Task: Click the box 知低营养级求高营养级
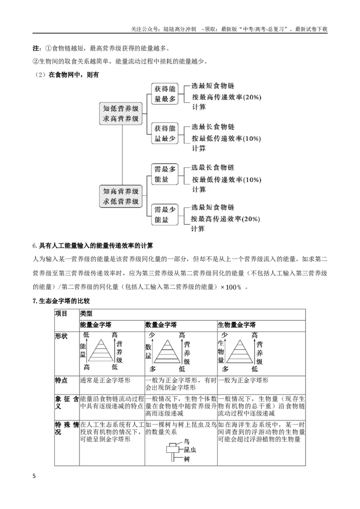click(121, 114)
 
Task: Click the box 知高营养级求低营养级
click(121, 196)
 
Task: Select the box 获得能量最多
click(165, 94)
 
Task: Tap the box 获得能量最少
click(165, 134)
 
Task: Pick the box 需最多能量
click(165, 174)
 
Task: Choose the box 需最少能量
click(165, 214)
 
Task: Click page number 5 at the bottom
click(35, 476)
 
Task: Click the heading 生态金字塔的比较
click(64, 301)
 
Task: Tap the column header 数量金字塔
click(161, 325)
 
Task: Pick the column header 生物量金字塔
click(237, 325)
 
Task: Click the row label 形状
click(61, 336)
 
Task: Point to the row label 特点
click(61, 380)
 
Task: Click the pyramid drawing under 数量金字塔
click(167, 351)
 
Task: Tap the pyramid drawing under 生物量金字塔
click(240, 351)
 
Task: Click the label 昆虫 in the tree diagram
click(190, 450)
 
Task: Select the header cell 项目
click(61, 313)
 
